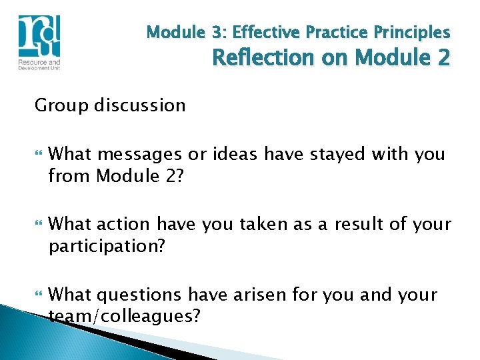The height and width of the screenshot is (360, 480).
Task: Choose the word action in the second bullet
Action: tap(123, 225)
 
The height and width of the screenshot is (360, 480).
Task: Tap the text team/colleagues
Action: tap(124, 316)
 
